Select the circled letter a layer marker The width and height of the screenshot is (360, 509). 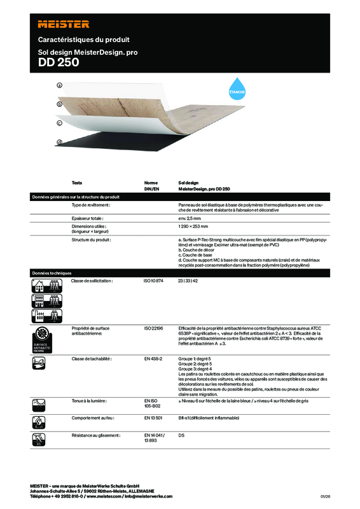(59, 85)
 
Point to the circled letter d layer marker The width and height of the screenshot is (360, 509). (59, 142)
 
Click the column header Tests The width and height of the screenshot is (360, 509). (76, 183)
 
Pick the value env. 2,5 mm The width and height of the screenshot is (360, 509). (191, 218)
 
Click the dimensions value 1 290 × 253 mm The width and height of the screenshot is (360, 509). (194, 226)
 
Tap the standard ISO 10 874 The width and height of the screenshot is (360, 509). (154, 281)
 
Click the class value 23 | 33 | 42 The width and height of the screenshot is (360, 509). (189, 281)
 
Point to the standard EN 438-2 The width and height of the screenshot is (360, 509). (153, 359)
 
